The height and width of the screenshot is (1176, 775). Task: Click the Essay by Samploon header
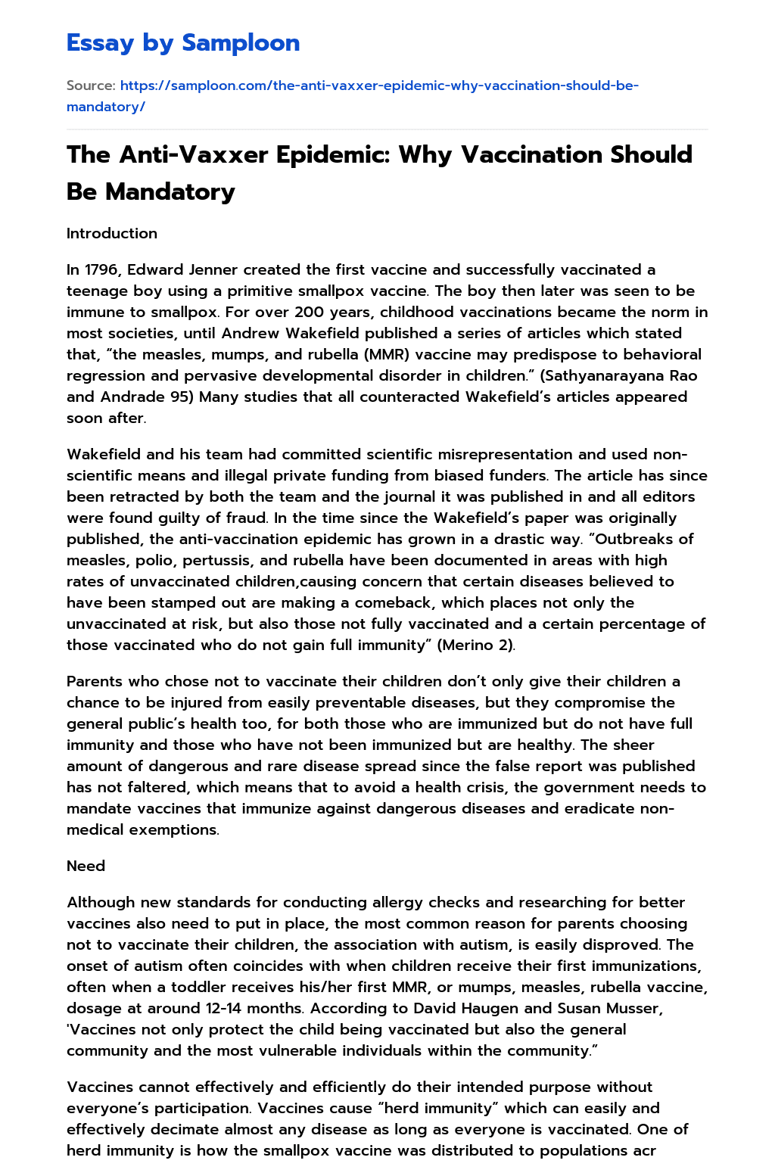coord(183,43)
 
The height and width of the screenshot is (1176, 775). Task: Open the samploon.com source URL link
coord(353,96)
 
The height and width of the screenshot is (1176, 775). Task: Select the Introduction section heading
coord(112,233)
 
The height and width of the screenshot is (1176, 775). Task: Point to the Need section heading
coord(86,866)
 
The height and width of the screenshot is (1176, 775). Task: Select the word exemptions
coord(179,829)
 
